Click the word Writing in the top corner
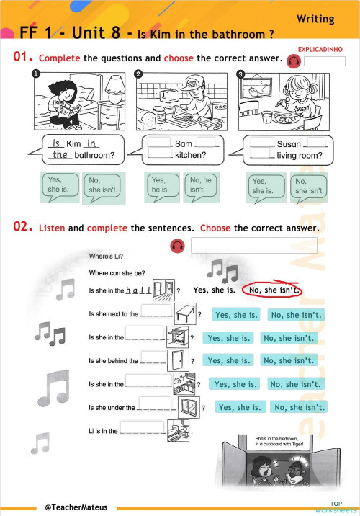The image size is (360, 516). click(315, 19)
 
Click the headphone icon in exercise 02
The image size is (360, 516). click(176, 246)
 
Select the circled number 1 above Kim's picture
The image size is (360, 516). click(34, 74)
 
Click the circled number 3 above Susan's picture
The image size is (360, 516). click(241, 74)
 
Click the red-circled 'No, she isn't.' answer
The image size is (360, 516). click(272, 290)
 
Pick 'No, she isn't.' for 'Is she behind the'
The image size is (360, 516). click(288, 360)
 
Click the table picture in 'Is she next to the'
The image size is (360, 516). click(184, 313)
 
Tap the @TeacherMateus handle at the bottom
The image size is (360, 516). click(76, 507)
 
